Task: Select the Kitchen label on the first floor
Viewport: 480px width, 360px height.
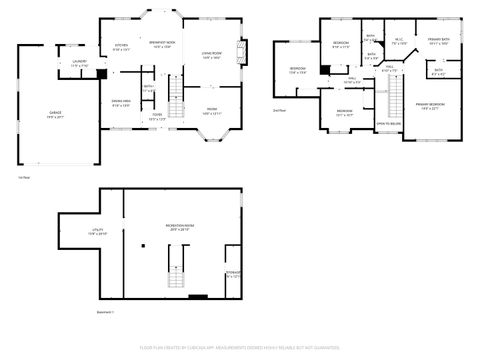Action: (x=121, y=47)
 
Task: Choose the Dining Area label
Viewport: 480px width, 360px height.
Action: (x=121, y=103)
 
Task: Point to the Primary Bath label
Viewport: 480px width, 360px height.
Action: (x=439, y=43)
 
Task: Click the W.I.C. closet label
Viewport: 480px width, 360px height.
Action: (x=398, y=42)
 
